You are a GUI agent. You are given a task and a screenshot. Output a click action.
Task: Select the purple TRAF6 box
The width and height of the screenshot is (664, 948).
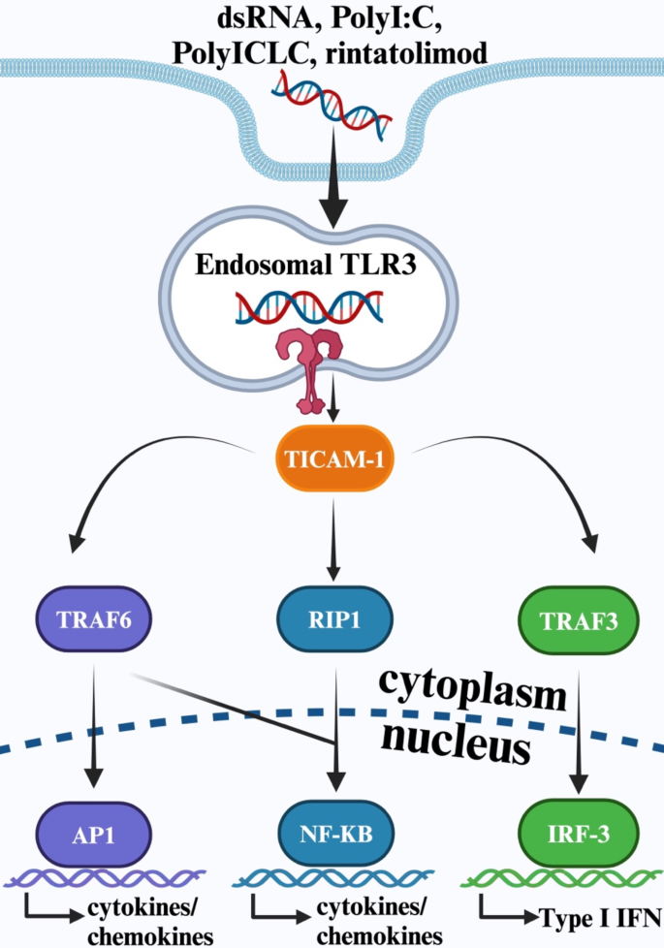click(x=94, y=621)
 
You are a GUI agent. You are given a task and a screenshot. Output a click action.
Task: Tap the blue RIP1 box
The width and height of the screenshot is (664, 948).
click(x=335, y=621)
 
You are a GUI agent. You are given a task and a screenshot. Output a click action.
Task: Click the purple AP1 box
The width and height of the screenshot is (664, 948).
click(x=94, y=833)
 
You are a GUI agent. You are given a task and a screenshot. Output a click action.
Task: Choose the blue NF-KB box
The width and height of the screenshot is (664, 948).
click(x=335, y=833)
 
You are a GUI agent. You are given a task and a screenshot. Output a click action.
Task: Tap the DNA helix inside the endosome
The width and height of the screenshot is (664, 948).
click(x=307, y=307)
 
